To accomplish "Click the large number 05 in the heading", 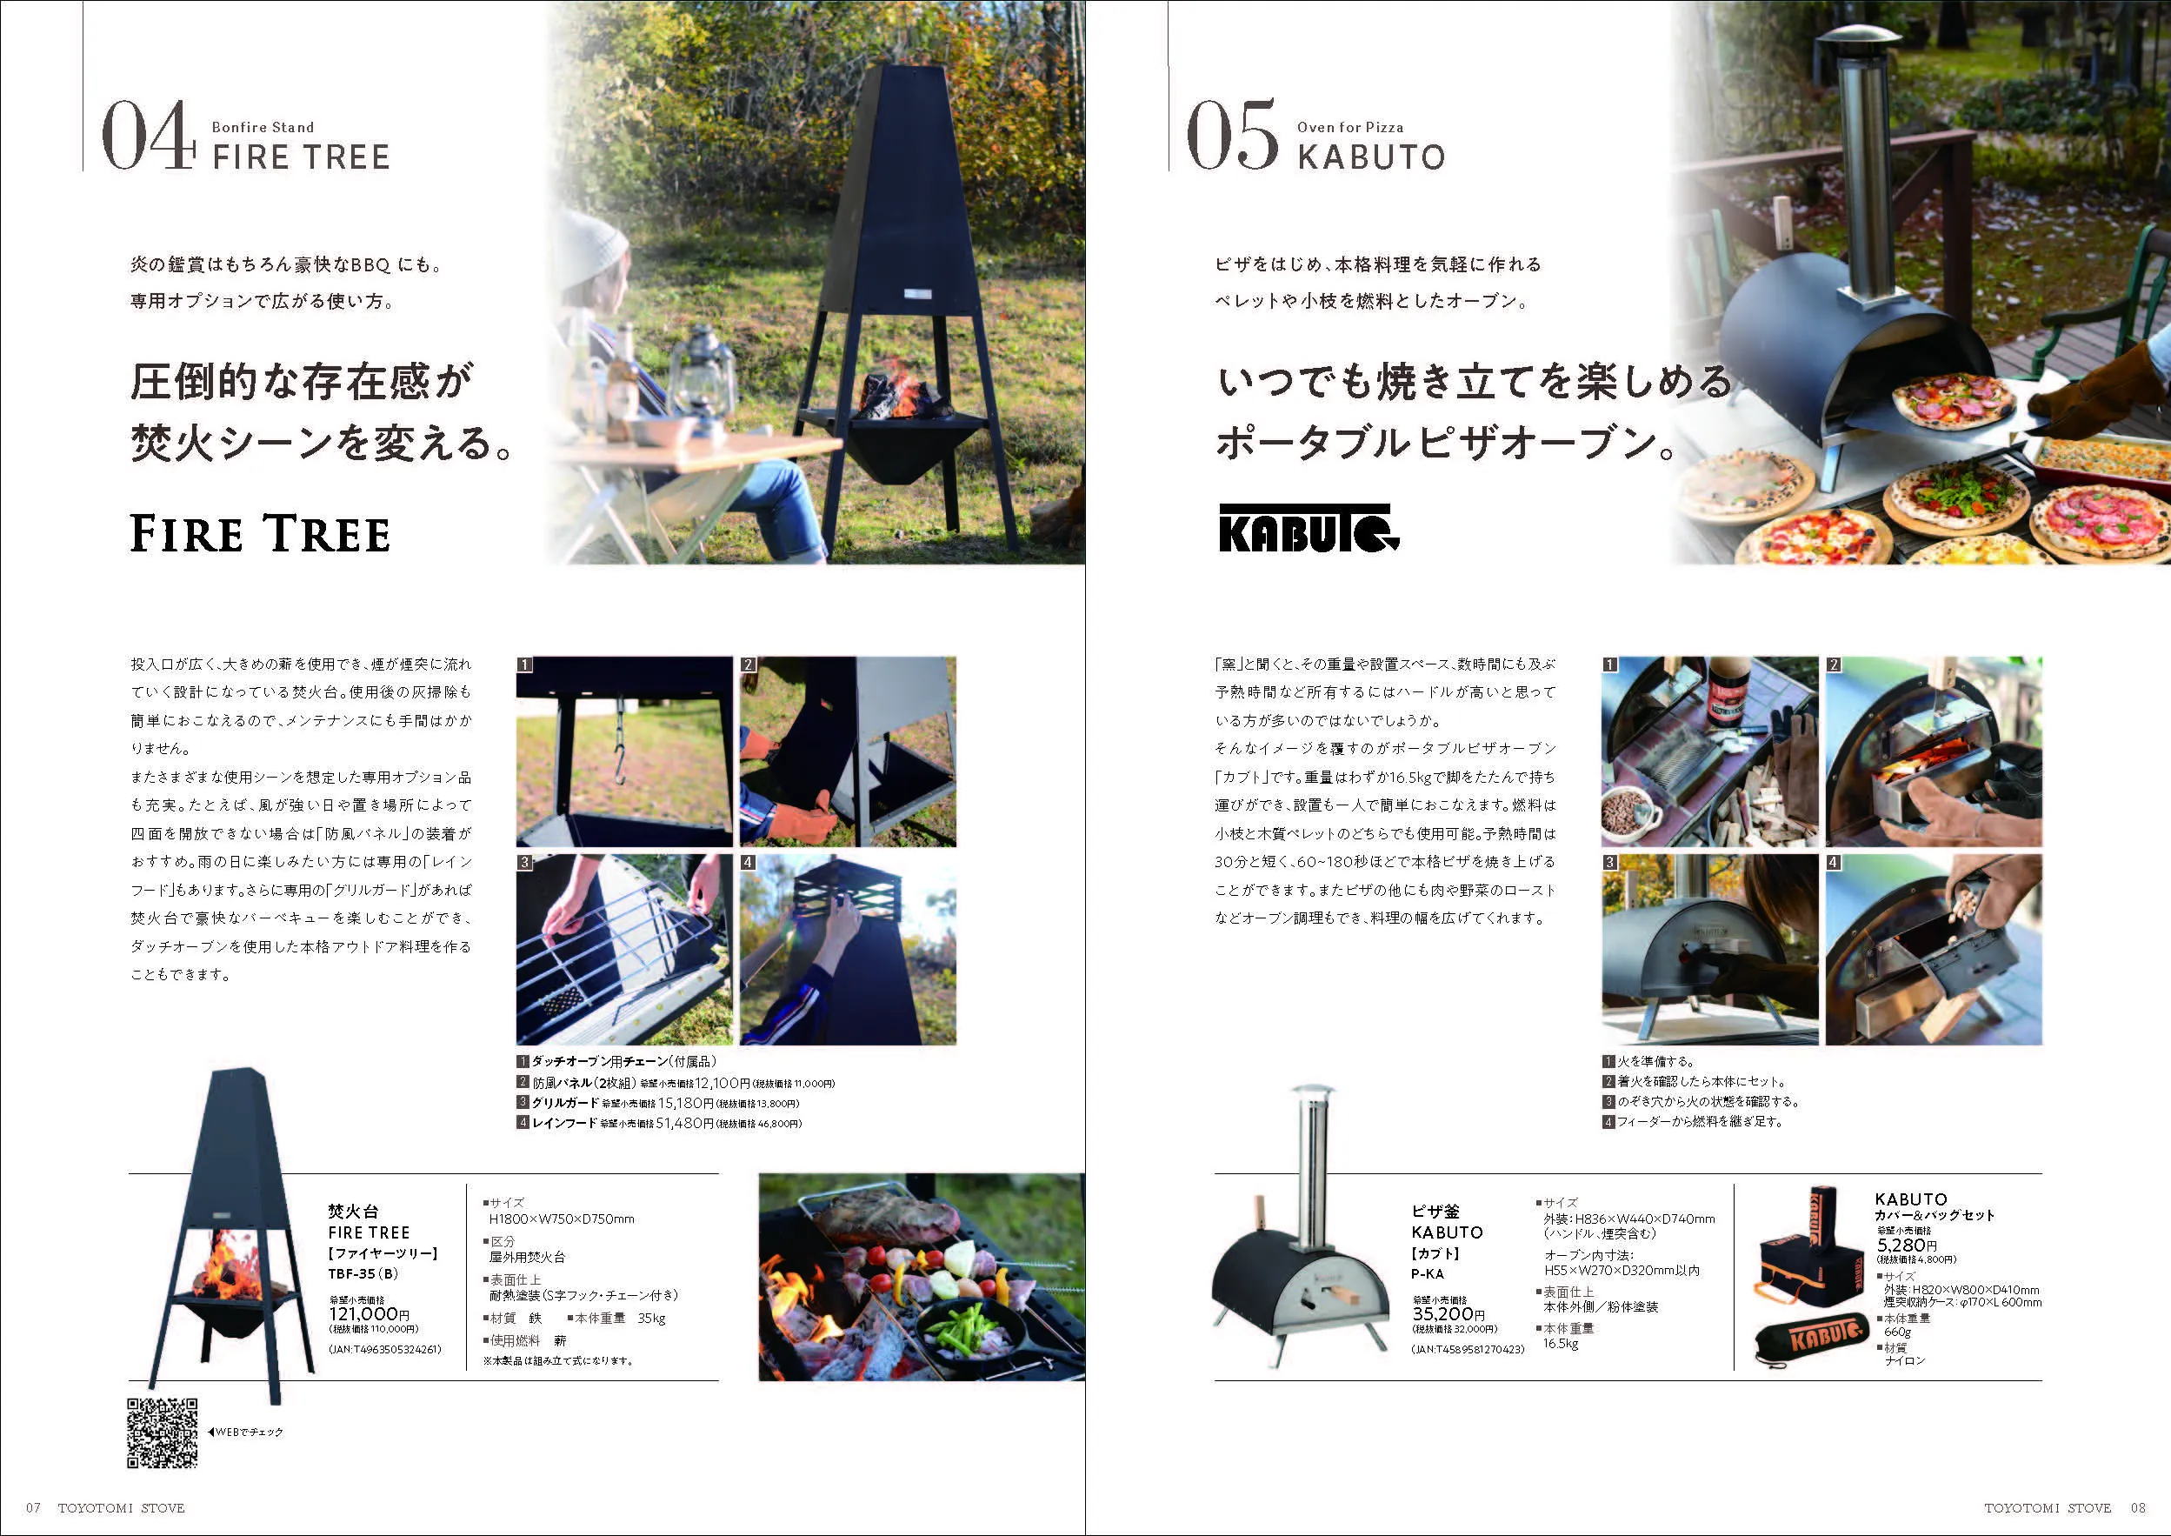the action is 1231,137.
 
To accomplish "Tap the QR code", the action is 162,1432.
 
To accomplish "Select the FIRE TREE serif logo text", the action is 260,533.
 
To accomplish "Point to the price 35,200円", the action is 1448,1313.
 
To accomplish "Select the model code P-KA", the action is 1428,1273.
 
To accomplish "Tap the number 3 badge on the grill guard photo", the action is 525,863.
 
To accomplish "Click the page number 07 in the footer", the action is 33,1507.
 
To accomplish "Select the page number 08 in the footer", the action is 2138,1507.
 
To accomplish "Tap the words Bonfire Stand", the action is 263,127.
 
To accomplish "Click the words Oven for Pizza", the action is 1350,127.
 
